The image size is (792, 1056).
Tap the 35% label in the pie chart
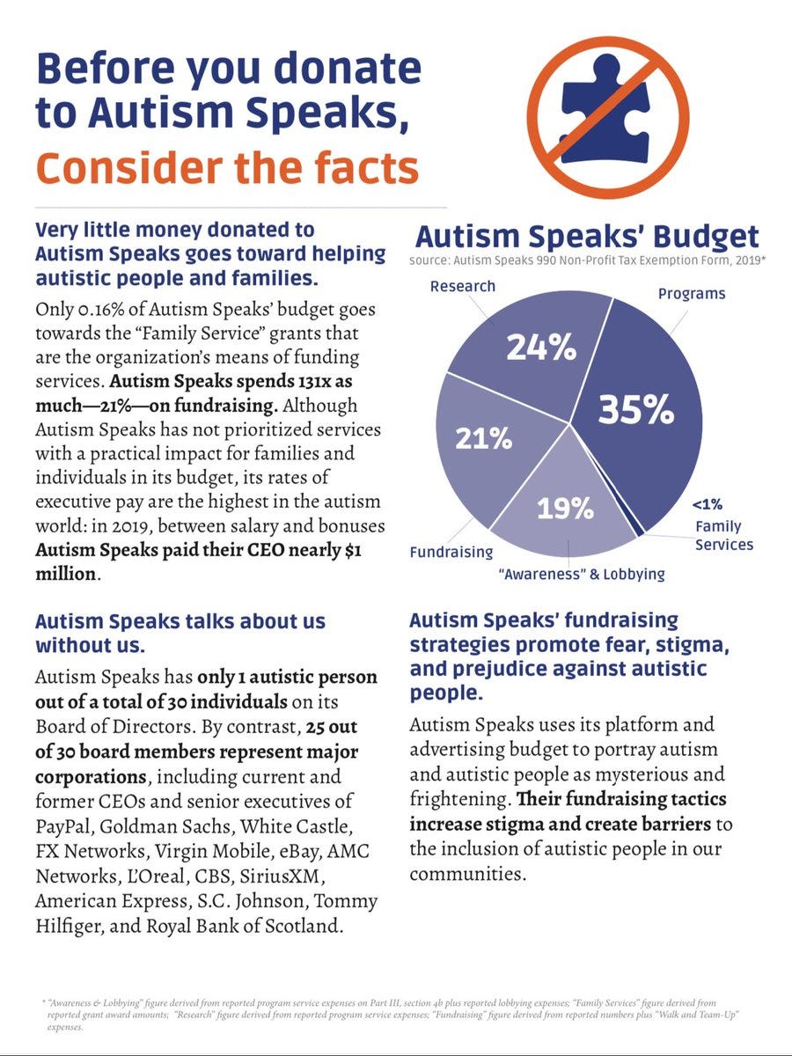(635, 410)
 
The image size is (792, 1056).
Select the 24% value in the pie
(540, 348)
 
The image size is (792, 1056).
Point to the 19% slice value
(565, 509)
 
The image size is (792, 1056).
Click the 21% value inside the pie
(483, 437)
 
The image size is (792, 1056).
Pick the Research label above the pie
(462, 286)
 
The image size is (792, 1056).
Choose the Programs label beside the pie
(692, 293)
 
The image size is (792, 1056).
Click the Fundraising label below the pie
(451, 553)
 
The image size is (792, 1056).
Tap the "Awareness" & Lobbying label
(581, 575)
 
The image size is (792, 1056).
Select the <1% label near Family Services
(707, 505)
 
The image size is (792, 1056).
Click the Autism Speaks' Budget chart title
(586, 237)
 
